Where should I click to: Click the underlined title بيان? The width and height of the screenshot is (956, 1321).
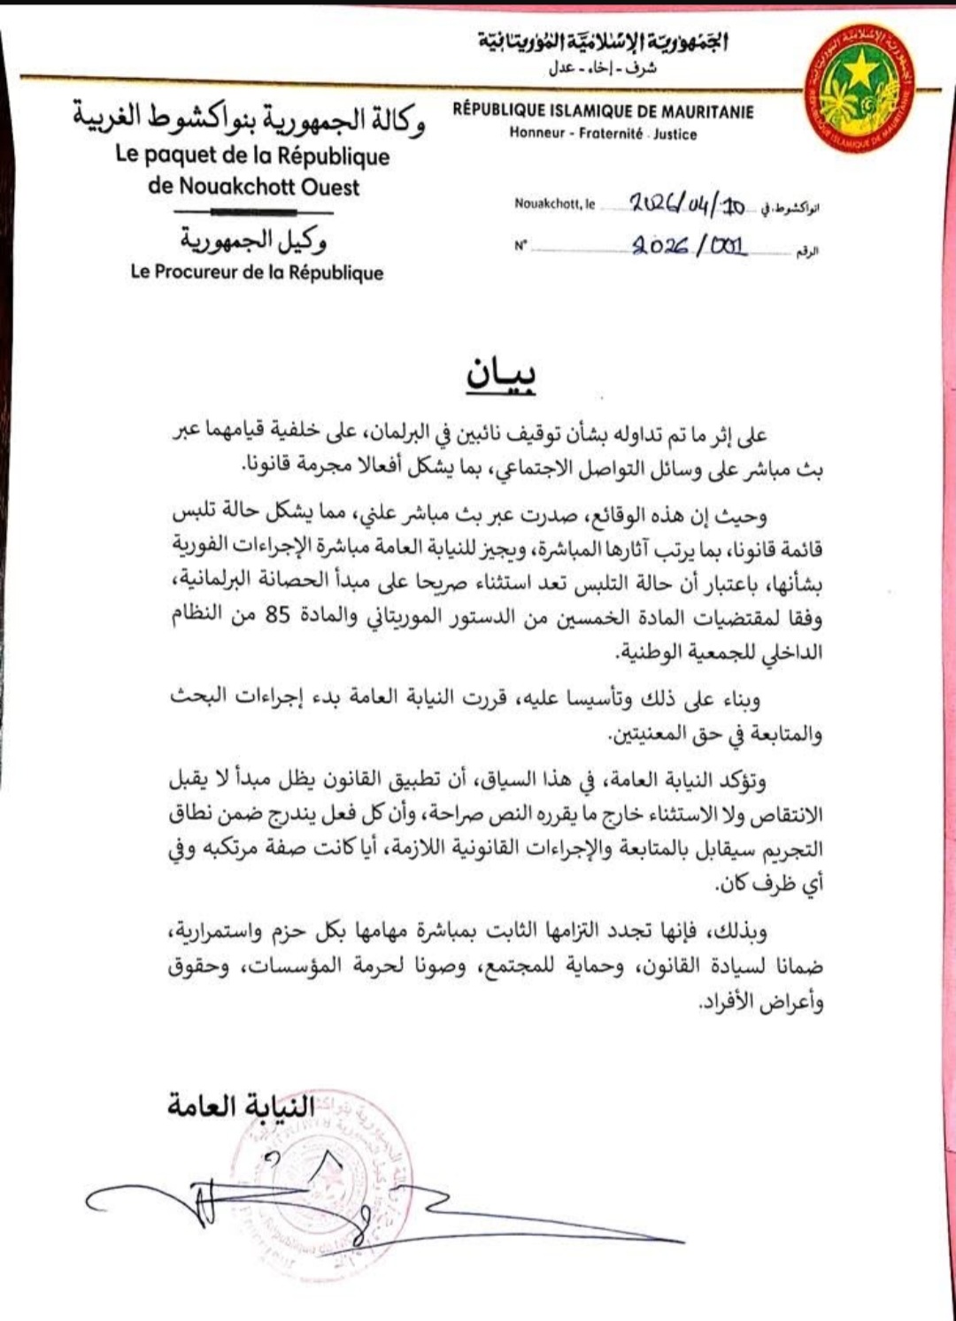click(501, 375)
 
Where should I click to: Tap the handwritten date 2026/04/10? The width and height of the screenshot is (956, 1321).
click(687, 205)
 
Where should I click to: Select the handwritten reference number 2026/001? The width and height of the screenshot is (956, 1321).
click(690, 246)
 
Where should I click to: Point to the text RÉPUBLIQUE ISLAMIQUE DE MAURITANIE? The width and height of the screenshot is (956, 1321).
click(603, 111)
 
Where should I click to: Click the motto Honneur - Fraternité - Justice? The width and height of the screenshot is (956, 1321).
click(603, 134)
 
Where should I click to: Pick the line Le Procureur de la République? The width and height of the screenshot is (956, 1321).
click(257, 273)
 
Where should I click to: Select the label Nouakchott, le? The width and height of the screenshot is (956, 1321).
click(555, 204)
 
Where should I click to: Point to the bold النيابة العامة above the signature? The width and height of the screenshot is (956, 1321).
click(242, 1106)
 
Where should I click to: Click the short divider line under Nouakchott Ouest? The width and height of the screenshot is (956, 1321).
click(253, 213)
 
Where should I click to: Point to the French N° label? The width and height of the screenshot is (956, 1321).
click(520, 246)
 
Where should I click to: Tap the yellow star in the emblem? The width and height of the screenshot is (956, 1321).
click(859, 69)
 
